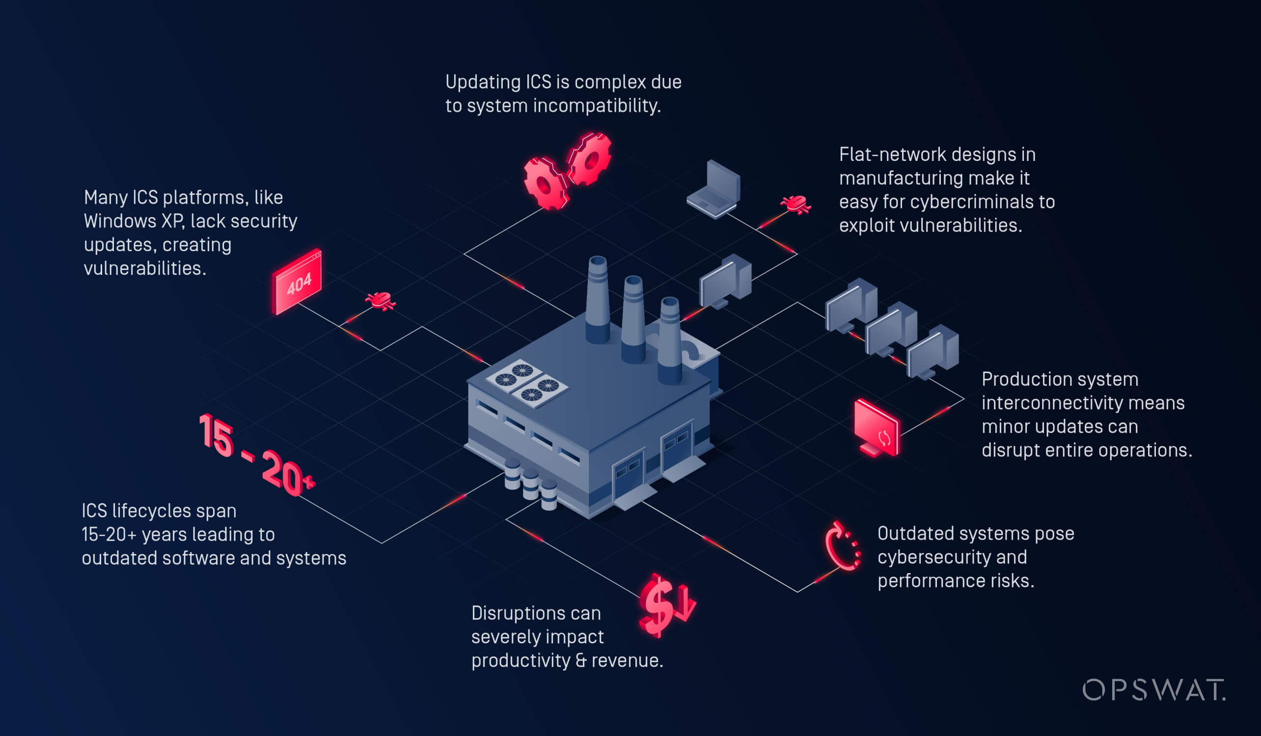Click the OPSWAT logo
1153,690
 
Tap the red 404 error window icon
297,282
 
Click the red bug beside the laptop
795,205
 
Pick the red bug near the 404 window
380,301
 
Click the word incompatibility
597,106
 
